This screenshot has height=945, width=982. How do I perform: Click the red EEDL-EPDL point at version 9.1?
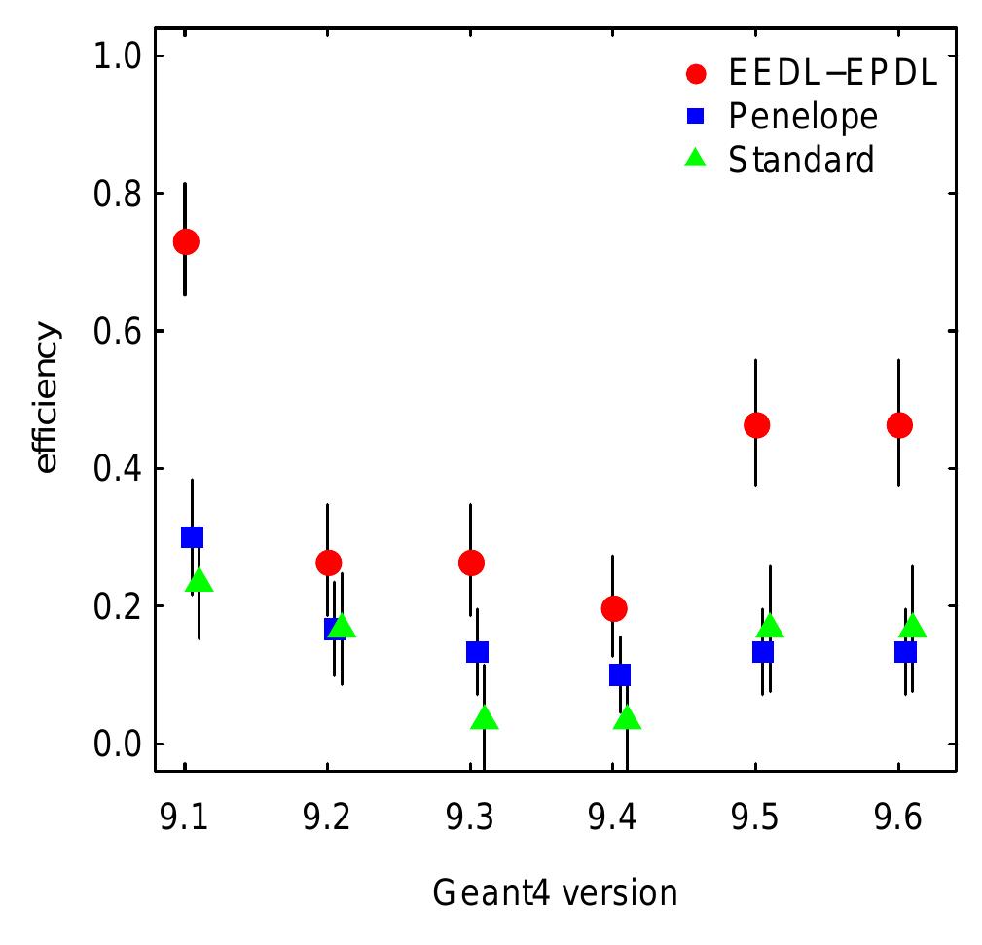coord(185,241)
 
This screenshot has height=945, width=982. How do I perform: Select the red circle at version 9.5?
coord(756,425)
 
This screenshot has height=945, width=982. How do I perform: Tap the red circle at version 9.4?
coord(613,608)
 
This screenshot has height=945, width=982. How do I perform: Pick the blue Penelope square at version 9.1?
coord(192,536)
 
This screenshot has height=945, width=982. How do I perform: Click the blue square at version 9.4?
coord(620,674)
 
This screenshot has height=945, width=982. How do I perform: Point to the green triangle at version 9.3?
coord(485,719)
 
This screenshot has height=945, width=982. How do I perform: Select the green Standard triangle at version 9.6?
coord(912,626)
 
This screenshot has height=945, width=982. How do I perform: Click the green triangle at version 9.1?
coord(200,580)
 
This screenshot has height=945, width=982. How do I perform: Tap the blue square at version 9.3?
coord(477,651)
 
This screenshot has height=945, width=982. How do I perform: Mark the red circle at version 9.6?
coord(899,425)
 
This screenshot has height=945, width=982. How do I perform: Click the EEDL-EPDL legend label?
coord(833,74)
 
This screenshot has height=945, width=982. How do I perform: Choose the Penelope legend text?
coord(803,117)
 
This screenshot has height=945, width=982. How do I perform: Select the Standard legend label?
coord(801,159)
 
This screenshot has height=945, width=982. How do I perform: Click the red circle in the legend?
coord(695,74)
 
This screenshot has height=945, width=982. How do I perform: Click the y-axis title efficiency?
coord(47,400)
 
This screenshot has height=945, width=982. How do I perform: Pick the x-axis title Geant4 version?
coord(555,891)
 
